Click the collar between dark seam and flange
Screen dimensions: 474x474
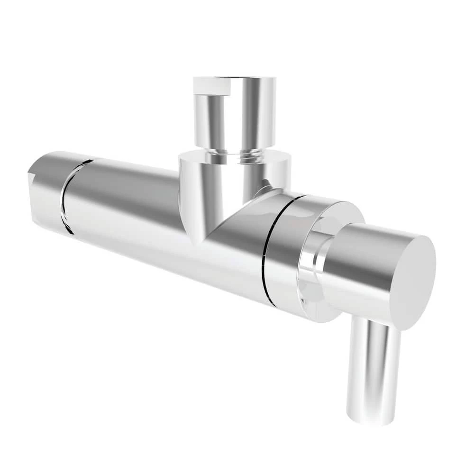coord(284,246)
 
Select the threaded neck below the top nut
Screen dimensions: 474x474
coord(235,155)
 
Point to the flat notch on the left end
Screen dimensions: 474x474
coord(33,168)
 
